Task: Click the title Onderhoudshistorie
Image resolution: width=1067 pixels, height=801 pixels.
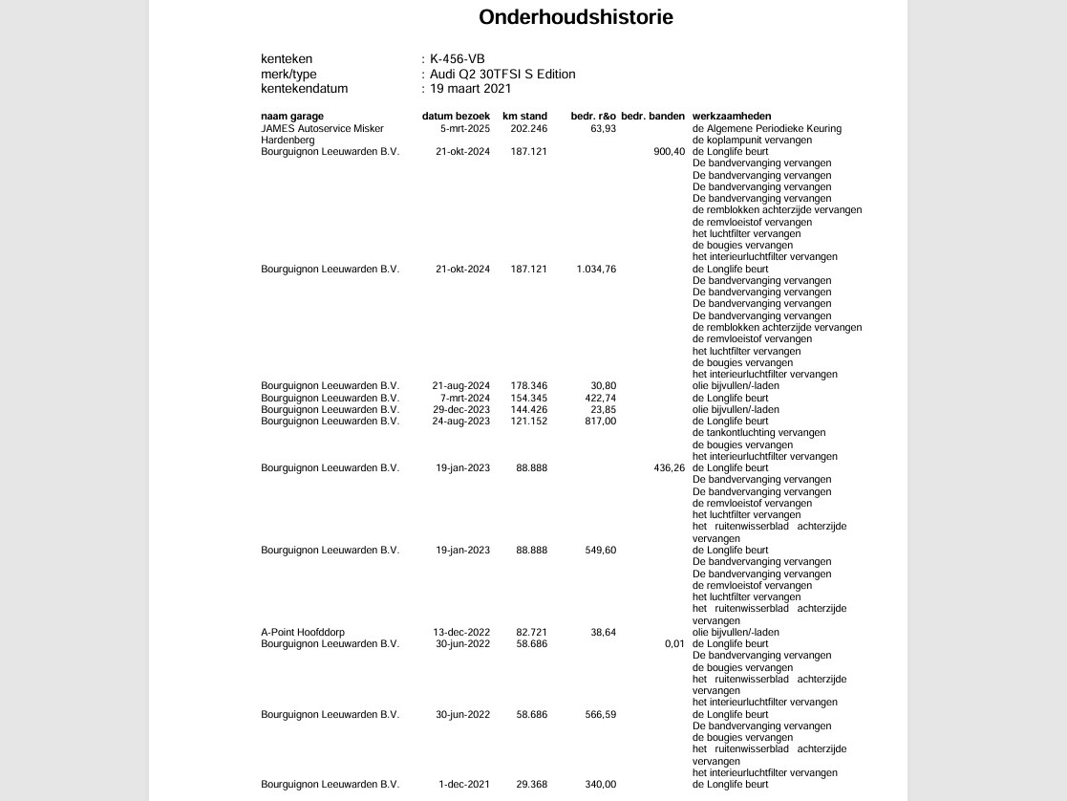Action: point(576,17)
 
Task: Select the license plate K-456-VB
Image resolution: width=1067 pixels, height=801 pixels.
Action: point(458,59)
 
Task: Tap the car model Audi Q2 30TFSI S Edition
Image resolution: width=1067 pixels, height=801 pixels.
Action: point(502,74)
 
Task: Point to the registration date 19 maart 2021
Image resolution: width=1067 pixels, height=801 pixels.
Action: point(471,89)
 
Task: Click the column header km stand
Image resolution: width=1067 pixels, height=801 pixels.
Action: point(524,117)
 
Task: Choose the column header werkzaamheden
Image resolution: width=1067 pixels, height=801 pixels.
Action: point(732,117)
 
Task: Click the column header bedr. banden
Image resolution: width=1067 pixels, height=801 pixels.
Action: point(652,117)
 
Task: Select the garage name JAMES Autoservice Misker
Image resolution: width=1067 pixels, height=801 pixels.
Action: point(322,128)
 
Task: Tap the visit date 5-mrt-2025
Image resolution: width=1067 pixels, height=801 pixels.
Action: point(465,128)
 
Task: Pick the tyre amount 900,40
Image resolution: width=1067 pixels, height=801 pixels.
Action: point(670,152)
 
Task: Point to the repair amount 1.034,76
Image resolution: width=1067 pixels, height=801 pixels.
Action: point(596,270)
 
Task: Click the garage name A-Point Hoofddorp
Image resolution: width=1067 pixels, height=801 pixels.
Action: point(303,633)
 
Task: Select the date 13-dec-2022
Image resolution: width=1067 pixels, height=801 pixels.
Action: point(461,633)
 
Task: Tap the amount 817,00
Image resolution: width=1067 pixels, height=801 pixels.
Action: point(601,422)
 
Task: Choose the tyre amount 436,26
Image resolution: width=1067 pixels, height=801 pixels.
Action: point(670,468)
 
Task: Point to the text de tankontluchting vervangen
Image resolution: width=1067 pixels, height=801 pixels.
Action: point(758,433)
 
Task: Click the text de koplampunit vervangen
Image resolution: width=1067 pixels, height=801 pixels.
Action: point(752,141)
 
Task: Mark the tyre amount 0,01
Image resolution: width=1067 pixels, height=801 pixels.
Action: point(675,644)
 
